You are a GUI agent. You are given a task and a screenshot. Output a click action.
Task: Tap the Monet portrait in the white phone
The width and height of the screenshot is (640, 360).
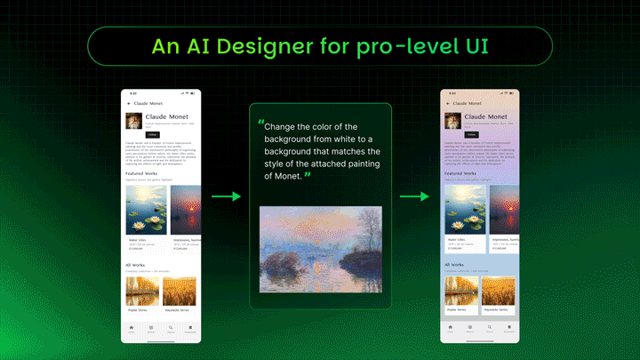point(133,122)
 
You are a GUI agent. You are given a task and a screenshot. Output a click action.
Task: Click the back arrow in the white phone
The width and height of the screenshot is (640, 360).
point(129,104)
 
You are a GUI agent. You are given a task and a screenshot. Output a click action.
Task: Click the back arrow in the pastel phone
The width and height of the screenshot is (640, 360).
point(449,104)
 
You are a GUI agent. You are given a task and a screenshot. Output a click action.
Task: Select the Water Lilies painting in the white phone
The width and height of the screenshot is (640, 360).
point(145,211)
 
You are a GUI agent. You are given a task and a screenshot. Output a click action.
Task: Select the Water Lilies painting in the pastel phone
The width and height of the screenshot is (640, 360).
point(465,211)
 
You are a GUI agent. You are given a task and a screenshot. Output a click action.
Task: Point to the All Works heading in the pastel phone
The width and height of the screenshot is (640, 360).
point(454,265)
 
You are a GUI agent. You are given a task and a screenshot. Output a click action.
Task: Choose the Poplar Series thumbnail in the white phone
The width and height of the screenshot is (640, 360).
point(142,292)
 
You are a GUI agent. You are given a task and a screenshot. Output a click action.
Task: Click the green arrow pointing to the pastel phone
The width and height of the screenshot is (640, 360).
point(413,196)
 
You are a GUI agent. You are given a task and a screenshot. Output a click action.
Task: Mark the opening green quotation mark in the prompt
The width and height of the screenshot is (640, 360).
point(260,123)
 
